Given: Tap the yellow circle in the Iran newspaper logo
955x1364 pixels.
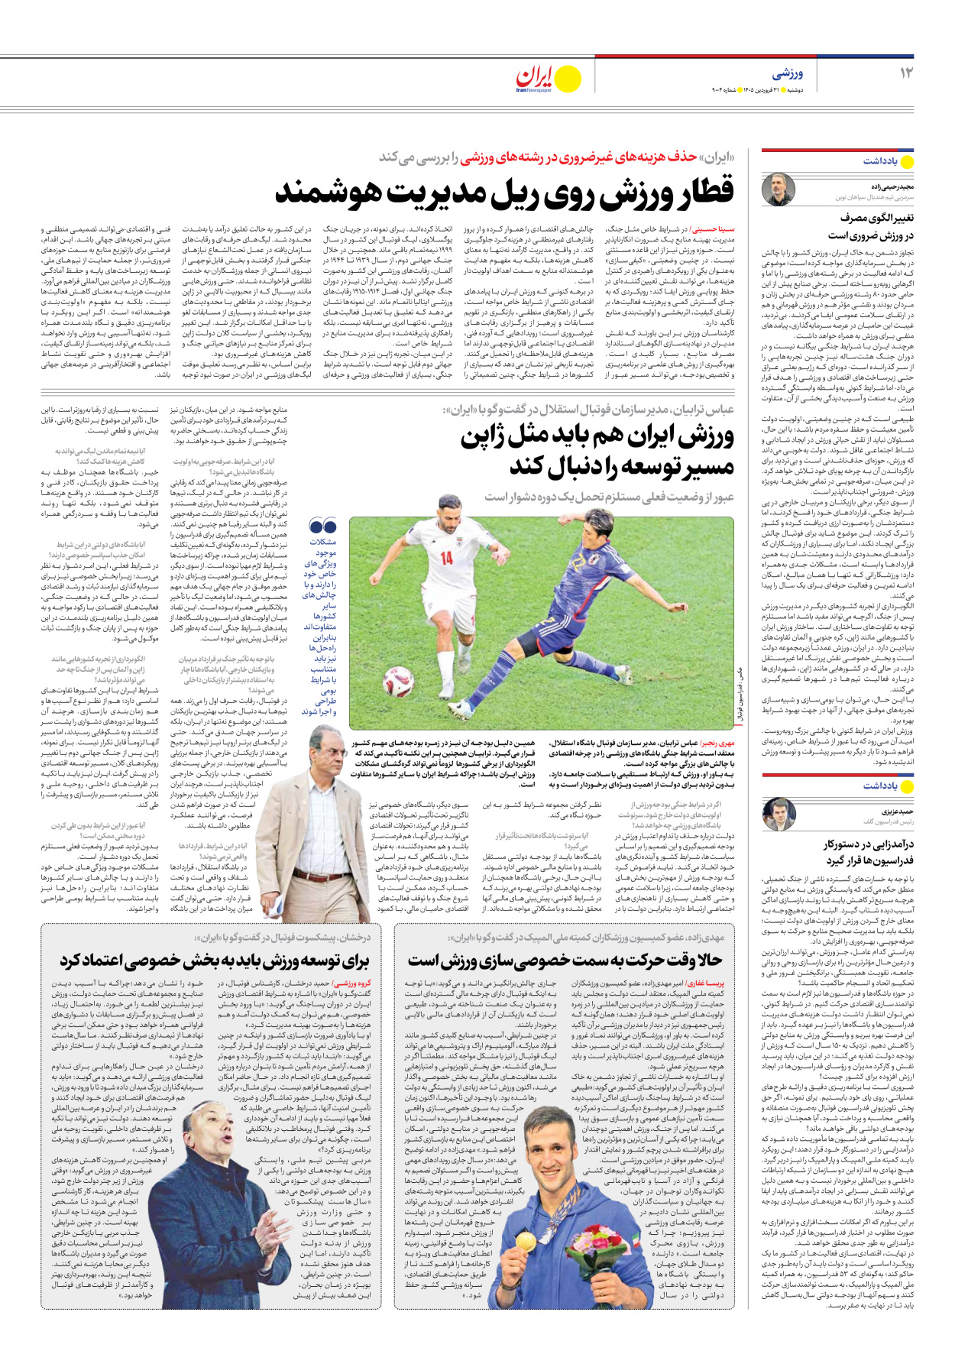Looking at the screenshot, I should pyautogui.click(x=567, y=78).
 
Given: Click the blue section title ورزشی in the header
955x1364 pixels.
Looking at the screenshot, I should pyautogui.click(x=788, y=73).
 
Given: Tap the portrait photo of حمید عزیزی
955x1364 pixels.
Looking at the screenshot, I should pyautogui.click(x=779, y=815).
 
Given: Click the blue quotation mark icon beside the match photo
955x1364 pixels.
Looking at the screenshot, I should pyautogui.click(x=322, y=526).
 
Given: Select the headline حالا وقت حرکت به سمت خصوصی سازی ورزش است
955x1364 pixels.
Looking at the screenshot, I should pyautogui.click(x=564, y=961).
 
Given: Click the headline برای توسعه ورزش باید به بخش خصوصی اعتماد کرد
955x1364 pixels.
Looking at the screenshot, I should pyautogui.click(x=215, y=961).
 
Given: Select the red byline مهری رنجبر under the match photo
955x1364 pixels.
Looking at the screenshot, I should pyautogui.click(x=717, y=743).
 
